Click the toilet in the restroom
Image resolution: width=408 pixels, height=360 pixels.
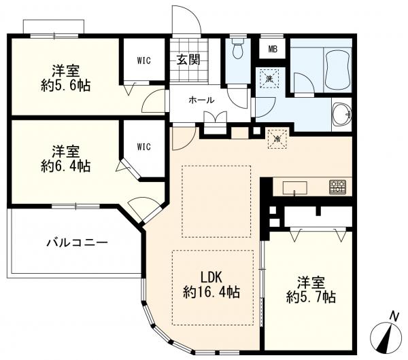click(238, 49)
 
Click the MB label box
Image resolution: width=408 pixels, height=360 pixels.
click(273, 49)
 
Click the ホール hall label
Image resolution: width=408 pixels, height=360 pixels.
click(201, 100)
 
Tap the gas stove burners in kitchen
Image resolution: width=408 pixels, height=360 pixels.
click(338, 187)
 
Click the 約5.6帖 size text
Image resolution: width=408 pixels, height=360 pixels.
click(65, 86)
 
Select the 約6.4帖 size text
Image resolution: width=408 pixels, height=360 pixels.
click(65, 165)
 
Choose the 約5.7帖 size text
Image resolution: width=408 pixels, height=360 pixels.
click(310, 297)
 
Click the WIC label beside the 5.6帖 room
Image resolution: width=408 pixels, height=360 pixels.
click(143, 60)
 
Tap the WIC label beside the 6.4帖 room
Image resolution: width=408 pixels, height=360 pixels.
click(143, 146)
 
